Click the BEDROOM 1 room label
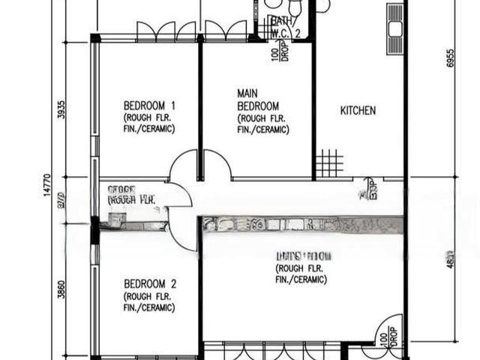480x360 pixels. (x=149, y=106)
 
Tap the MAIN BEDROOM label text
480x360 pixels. (x=258, y=100)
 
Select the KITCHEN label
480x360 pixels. (x=358, y=111)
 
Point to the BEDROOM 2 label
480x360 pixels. (x=150, y=284)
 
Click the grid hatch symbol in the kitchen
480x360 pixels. (x=328, y=163)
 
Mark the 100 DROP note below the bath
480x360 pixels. (x=279, y=52)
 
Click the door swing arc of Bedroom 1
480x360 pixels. (x=182, y=166)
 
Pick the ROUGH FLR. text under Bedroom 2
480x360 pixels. (x=149, y=296)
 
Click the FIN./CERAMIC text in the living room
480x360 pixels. (x=301, y=280)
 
